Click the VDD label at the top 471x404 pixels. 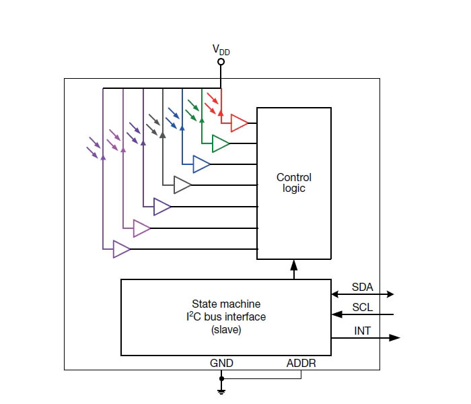(x=221, y=50)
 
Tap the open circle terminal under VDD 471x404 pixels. (x=221, y=62)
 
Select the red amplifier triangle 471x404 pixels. (x=239, y=123)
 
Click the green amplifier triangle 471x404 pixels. (x=221, y=143)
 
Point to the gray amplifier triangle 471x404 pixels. (x=182, y=185)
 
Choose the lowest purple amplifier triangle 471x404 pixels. (x=121, y=249)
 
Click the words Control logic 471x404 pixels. (x=294, y=182)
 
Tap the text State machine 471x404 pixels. (x=226, y=304)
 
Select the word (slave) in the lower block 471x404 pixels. (x=226, y=330)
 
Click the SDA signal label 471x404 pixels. (x=363, y=287)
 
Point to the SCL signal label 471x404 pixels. (x=363, y=307)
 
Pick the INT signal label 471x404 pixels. (x=362, y=331)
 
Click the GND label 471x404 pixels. (x=221, y=363)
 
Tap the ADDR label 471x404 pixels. (x=301, y=363)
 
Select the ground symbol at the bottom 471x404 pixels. (x=221, y=391)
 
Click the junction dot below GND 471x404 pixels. (x=221, y=378)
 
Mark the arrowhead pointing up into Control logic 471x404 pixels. (x=294, y=265)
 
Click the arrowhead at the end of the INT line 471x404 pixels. (x=394, y=337)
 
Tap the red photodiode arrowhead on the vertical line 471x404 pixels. (x=221, y=113)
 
